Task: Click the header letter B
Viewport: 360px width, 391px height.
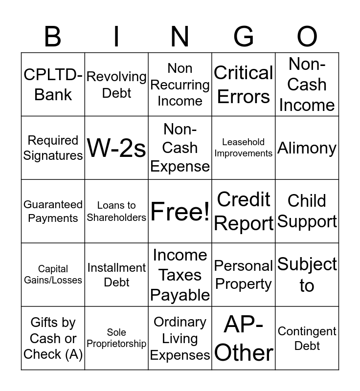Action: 53,36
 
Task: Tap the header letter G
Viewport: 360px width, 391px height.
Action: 244,36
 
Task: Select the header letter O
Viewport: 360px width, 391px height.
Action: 307,36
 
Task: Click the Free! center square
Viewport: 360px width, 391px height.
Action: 180,212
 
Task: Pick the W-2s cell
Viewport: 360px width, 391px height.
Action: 116,148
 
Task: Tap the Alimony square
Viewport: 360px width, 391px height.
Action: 307,148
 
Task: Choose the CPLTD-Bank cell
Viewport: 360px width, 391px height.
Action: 53,85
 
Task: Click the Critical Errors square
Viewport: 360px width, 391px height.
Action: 244,85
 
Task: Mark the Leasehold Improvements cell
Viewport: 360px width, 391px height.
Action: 244,148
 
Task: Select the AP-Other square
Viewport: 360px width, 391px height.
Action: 244,338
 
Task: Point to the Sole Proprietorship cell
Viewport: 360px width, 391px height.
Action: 116,338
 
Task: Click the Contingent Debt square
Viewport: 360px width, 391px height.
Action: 307,338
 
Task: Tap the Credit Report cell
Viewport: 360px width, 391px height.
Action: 244,212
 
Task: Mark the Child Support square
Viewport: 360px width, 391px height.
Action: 307,212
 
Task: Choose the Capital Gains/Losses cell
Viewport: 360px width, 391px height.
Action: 53,275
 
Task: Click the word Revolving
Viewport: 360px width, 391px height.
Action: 116,77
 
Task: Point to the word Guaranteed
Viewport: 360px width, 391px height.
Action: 53,205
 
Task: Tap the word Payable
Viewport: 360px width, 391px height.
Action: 180,295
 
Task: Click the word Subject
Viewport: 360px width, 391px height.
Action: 307,264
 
